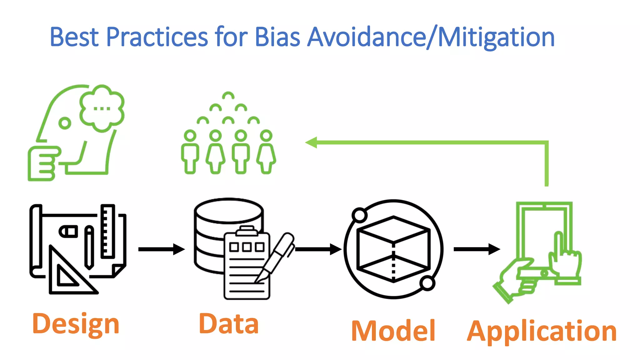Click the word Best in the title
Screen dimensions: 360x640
[x=74, y=37]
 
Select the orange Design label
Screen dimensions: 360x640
[x=76, y=324]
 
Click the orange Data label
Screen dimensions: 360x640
[x=228, y=324]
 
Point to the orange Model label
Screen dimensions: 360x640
[x=393, y=331]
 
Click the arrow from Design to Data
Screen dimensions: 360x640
[x=161, y=249]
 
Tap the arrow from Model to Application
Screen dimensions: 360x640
[x=477, y=249]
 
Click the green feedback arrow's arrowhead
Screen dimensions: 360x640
[x=311, y=142]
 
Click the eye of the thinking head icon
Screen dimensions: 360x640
[x=65, y=123]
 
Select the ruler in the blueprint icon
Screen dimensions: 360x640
[x=108, y=231]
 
